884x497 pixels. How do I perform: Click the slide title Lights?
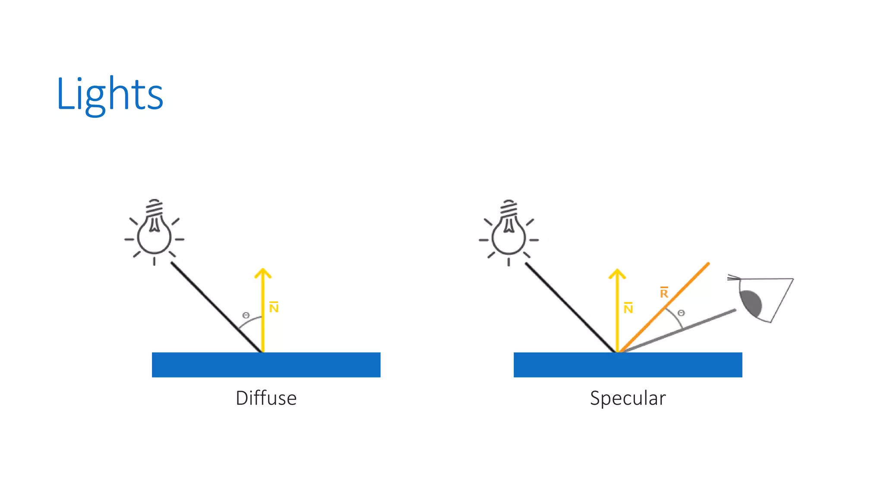tap(110, 94)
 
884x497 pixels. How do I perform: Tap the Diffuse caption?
tap(266, 398)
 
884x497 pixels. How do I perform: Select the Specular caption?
tap(628, 398)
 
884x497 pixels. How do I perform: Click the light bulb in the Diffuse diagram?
tap(154, 233)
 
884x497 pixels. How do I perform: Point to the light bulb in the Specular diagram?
tap(508, 233)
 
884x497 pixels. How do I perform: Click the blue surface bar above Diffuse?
tap(266, 365)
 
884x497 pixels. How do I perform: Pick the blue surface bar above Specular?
tap(628, 365)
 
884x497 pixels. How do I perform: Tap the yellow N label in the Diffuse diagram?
tap(274, 308)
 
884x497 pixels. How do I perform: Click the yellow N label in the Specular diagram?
tap(628, 308)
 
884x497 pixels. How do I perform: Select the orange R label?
tap(664, 293)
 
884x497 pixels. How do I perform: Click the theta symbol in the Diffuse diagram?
tap(246, 315)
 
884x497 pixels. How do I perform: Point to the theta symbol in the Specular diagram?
tap(681, 313)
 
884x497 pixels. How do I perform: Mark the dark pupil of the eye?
tap(751, 302)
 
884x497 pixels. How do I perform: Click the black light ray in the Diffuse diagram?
tap(216, 307)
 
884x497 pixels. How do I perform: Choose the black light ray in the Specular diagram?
tap(570, 307)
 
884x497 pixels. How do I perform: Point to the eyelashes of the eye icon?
tap(733, 277)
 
